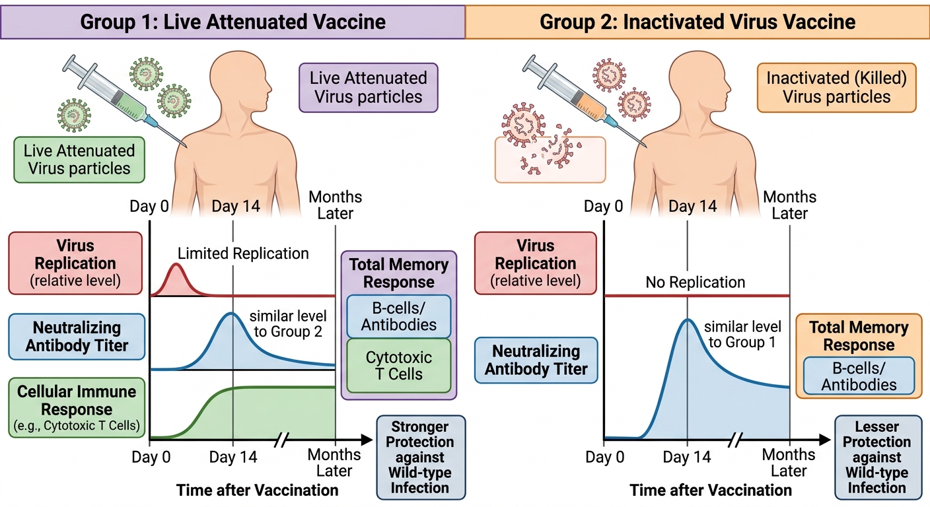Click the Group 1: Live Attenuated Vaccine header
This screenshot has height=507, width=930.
[x=232, y=22]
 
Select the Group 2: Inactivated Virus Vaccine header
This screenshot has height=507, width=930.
[x=697, y=22]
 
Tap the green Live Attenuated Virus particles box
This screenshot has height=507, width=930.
[x=79, y=160]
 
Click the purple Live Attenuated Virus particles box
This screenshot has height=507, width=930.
[x=369, y=88]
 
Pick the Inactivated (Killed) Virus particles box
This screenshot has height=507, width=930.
[x=837, y=88]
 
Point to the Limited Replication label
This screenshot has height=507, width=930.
[x=243, y=253]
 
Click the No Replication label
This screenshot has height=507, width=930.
[x=696, y=282]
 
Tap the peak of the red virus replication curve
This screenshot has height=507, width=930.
[x=177, y=264]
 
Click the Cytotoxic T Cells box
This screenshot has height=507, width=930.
[x=398, y=366]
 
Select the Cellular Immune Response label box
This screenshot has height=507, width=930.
[x=77, y=408]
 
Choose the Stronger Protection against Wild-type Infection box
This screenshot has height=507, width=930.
[x=421, y=457]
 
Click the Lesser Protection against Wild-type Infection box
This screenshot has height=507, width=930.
[x=877, y=457]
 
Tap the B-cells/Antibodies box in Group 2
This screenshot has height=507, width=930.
[x=859, y=376]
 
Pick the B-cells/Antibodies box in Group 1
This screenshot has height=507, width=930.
[x=398, y=316]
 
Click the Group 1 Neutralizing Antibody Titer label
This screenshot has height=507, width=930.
[x=77, y=337]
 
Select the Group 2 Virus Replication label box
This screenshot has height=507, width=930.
[x=536, y=263]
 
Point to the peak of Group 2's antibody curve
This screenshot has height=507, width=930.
[x=688, y=320]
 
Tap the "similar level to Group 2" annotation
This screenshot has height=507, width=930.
[x=288, y=323]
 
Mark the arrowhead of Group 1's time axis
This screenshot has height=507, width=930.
[x=367, y=440]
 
